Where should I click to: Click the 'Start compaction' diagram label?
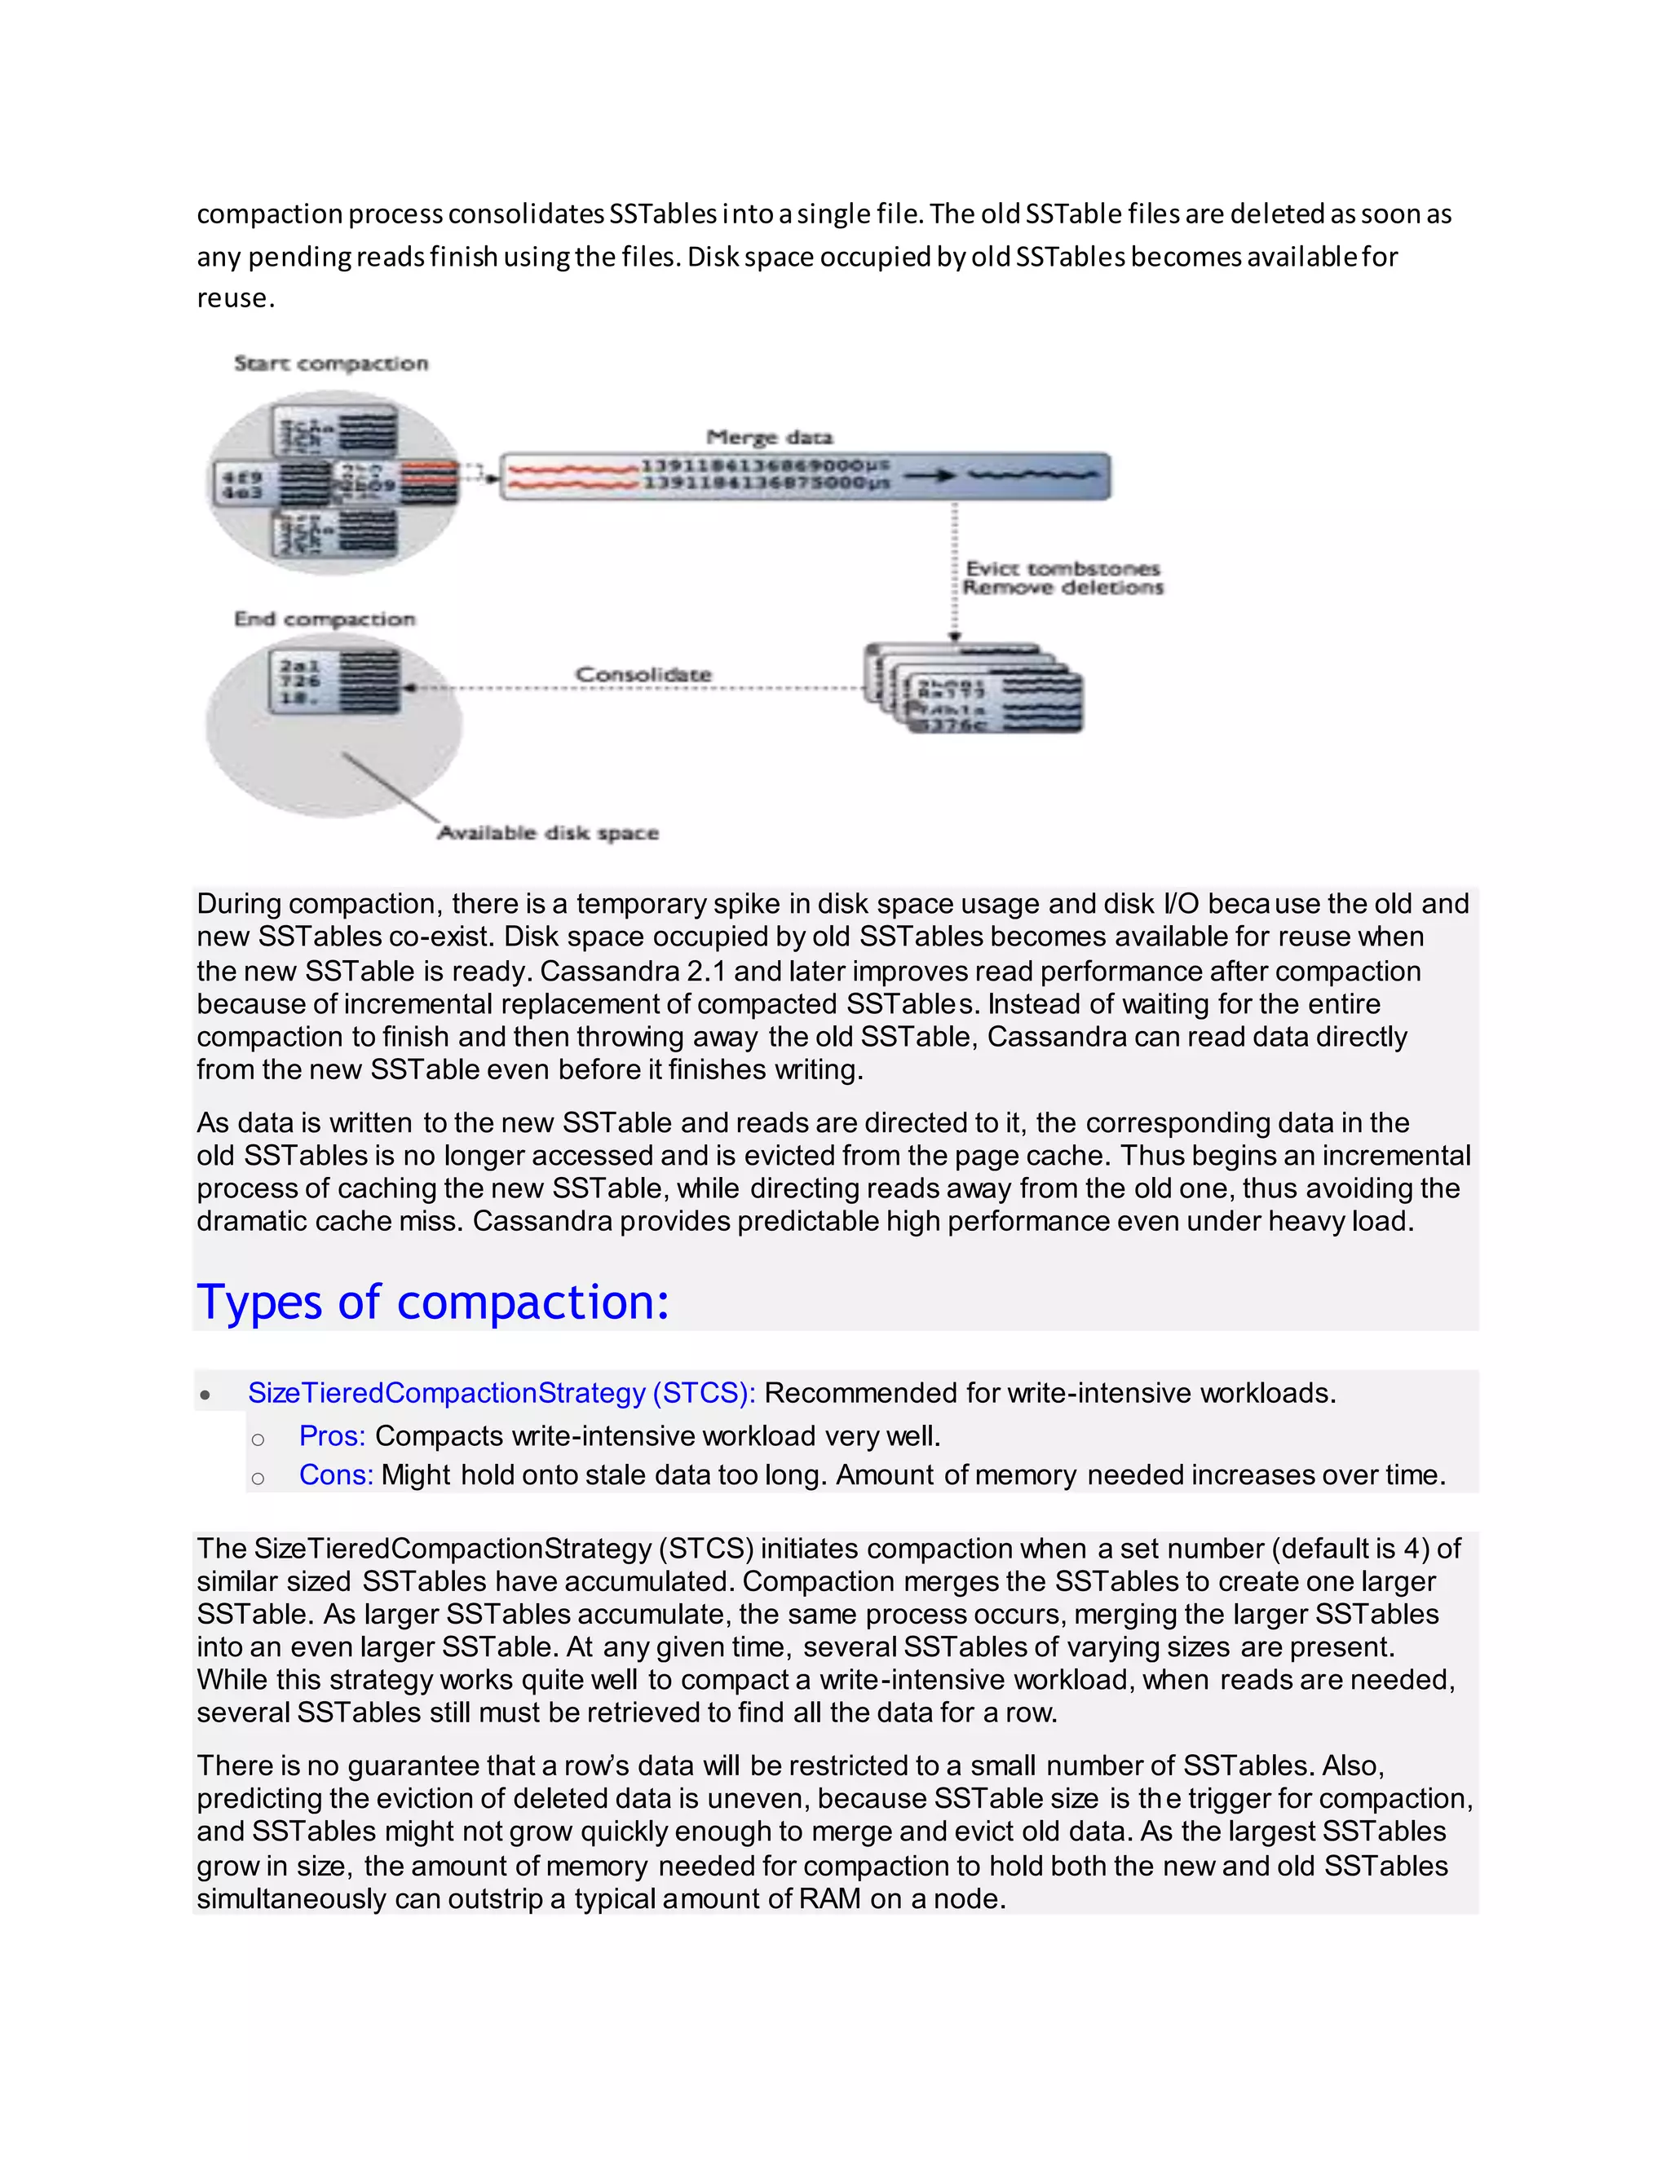331,364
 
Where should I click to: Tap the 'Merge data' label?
770,437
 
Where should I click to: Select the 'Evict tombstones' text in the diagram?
1063,569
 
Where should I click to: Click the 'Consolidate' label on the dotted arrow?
644,675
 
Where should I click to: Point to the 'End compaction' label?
325,619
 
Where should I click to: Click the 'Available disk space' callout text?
548,833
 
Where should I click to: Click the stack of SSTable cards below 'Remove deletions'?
974,690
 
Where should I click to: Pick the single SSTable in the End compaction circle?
335,681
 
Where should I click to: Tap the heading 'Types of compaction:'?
433,1302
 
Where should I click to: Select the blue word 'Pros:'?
333,1435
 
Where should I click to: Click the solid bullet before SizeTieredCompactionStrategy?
205,1395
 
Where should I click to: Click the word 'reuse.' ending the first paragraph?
236,298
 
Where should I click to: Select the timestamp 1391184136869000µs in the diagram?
766,465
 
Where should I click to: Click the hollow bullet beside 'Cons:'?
258,1478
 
